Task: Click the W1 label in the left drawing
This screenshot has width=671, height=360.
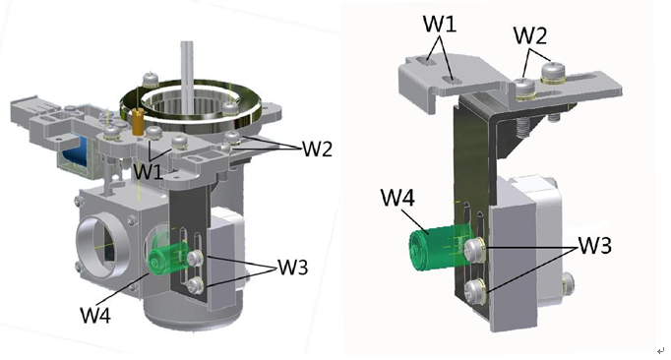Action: point(148,172)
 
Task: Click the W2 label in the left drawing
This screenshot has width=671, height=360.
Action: point(317,149)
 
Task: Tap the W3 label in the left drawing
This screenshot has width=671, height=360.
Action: point(293,267)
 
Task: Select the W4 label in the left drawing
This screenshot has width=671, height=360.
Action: point(95,315)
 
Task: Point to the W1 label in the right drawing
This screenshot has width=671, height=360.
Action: point(440,24)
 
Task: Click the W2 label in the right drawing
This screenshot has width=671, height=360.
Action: point(530,35)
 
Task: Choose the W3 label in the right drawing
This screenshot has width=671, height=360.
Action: point(595,245)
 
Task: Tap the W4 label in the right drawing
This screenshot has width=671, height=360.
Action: point(397,198)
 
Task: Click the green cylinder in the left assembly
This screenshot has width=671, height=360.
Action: point(167,258)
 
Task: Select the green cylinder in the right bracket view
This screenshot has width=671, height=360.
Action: point(441,249)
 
